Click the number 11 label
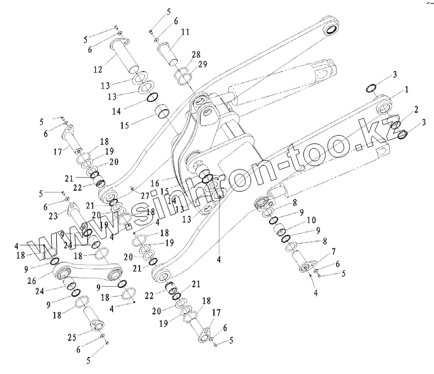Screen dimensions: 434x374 pos(185,33)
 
